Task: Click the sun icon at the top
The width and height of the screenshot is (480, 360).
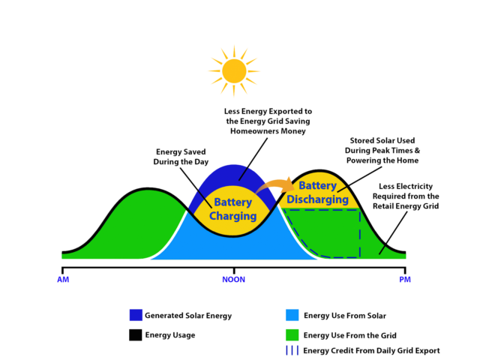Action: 234,70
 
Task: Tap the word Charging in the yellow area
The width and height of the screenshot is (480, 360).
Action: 233,216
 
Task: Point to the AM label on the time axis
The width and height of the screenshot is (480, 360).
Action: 63,280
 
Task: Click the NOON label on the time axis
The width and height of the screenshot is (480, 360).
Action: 233,280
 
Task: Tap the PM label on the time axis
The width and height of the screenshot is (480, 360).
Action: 405,280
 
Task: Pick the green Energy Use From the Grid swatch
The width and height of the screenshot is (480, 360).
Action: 292,334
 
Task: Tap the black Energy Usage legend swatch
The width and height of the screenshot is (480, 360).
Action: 136,334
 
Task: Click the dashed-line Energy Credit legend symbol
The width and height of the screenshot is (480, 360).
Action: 292,350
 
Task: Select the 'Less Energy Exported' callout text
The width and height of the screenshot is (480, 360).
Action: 268,120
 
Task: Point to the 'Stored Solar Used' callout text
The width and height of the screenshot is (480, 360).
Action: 383,150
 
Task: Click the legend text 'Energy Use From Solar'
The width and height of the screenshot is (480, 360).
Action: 346,316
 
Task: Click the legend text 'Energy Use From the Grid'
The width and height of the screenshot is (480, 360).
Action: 349,335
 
